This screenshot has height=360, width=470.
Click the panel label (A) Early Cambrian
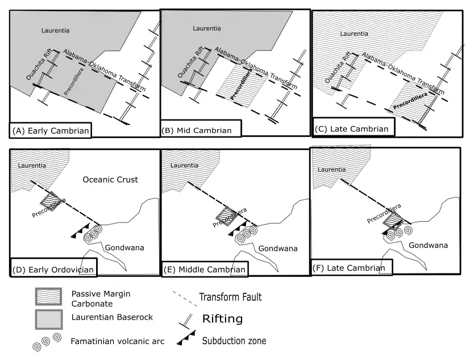click(x=50, y=131)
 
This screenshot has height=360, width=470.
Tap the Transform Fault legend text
click(x=230, y=297)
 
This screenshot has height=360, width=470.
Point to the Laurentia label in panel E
click(x=183, y=165)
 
